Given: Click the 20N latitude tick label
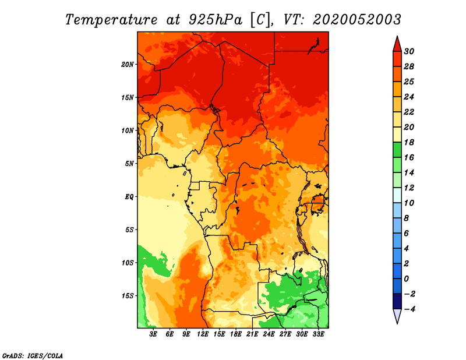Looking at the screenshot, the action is [x=127, y=65].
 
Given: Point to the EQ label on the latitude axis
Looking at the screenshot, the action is [x=129, y=197].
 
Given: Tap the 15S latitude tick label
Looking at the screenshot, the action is [x=128, y=296].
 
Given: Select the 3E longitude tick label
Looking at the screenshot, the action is [x=153, y=334].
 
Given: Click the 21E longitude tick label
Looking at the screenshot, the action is [x=252, y=334].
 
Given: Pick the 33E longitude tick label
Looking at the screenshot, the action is [x=318, y=334].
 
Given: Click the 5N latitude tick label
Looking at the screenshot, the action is [x=129, y=164].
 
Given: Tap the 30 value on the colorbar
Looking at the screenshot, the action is [x=409, y=51].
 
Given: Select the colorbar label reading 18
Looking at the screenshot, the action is [x=409, y=142].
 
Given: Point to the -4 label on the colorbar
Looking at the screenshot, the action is [x=409, y=309].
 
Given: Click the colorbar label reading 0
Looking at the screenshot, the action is [x=406, y=279].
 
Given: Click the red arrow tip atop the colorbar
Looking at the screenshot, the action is [x=397, y=37].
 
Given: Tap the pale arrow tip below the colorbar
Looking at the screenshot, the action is [x=397, y=323].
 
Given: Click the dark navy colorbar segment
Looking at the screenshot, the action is [x=397, y=301].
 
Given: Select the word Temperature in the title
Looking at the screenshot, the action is [x=111, y=20].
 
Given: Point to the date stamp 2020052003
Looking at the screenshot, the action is [x=357, y=20].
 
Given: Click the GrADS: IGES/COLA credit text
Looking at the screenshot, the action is [x=33, y=356].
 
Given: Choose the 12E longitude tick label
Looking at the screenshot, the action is [x=203, y=334].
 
